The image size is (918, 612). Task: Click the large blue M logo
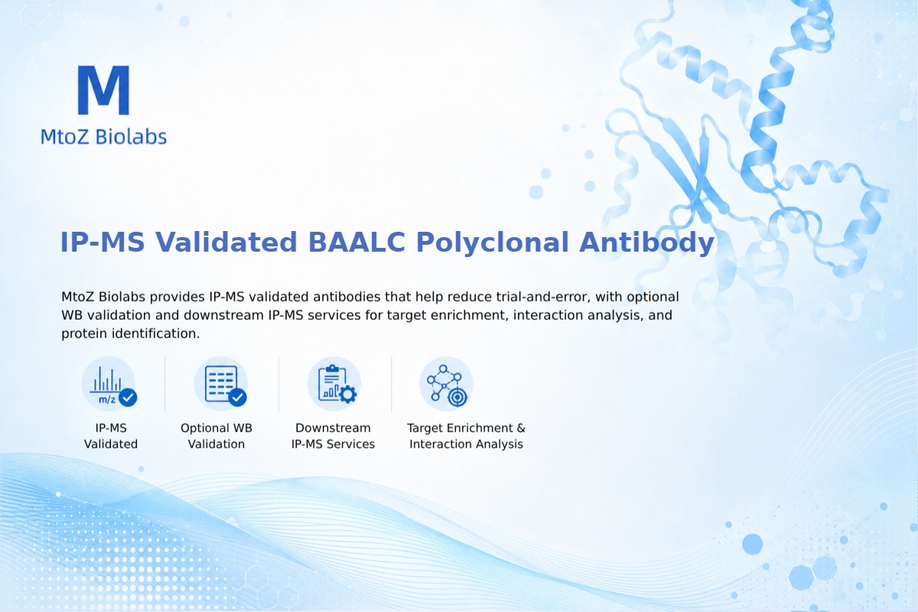[x=104, y=90]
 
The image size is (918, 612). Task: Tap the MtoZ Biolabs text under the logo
[x=104, y=136]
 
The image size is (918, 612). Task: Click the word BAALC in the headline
[x=356, y=242]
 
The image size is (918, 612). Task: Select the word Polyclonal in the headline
[x=492, y=243]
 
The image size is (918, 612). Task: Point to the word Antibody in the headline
[x=646, y=243]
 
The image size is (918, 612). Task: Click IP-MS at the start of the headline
[x=103, y=242]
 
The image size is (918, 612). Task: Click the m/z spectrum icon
[x=109, y=384]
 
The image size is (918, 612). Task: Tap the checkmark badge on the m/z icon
[x=128, y=397]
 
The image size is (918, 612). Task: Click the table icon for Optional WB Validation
[x=221, y=384]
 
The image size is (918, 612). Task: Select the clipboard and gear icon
[x=334, y=384]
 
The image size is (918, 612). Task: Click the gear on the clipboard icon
[x=348, y=394]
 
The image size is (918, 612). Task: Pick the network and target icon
[x=446, y=384]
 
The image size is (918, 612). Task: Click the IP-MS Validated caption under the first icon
[x=111, y=436]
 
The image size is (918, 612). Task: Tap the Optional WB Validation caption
[x=216, y=436]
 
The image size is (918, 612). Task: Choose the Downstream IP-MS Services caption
[x=334, y=436]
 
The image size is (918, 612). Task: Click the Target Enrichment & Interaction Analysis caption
[x=467, y=436]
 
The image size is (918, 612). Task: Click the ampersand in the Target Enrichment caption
[x=521, y=428]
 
